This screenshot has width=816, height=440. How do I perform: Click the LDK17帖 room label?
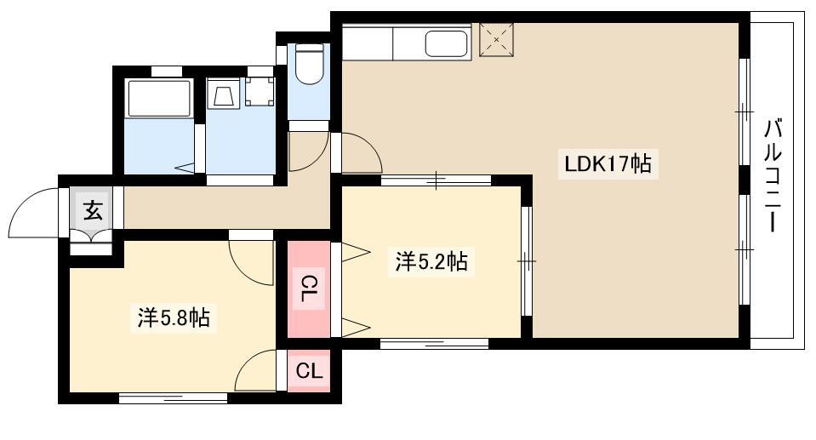[x=608, y=164]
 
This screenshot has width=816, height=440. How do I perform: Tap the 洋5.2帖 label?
[x=431, y=261]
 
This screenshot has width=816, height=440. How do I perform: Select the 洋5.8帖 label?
[x=174, y=317]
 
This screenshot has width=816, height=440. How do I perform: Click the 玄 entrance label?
[x=94, y=210]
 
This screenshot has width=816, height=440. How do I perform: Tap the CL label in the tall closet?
[x=310, y=289]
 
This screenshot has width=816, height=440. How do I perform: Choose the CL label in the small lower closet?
[x=309, y=371]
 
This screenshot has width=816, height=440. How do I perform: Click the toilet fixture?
[x=309, y=63]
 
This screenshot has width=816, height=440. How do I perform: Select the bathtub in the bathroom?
[x=159, y=98]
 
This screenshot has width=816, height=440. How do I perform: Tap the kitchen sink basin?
[x=447, y=43]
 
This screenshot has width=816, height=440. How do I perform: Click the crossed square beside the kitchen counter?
[x=496, y=39]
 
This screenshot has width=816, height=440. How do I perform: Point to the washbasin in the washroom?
[x=224, y=94]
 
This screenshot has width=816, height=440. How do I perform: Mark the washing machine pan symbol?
[x=260, y=92]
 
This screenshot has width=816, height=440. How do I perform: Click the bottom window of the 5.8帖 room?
[x=174, y=397]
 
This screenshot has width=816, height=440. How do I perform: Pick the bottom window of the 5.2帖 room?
[x=434, y=343]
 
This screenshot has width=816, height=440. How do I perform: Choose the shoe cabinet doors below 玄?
[x=91, y=236]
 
